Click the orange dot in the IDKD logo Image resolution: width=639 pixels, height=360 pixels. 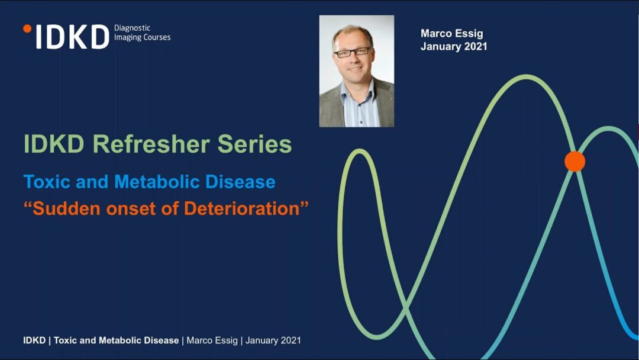[x=27, y=28]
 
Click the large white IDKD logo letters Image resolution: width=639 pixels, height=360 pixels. [x=73, y=37]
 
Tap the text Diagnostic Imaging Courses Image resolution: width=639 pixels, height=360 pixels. [x=142, y=33]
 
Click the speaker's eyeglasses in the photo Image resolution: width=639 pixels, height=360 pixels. [x=353, y=52]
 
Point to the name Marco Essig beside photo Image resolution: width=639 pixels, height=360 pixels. [x=451, y=33]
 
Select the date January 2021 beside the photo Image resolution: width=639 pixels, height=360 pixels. [x=454, y=46]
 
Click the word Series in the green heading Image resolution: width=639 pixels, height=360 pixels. [x=254, y=144]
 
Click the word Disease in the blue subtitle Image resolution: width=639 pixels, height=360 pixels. [x=240, y=182]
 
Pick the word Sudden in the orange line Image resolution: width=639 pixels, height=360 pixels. [x=66, y=209]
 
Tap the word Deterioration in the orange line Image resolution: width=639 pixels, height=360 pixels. [x=241, y=209]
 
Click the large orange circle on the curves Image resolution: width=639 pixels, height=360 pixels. [x=575, y=161]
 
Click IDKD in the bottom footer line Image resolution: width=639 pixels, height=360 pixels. [x=34, y=340]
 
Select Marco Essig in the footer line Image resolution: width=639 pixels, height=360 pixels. [x=212, y=340]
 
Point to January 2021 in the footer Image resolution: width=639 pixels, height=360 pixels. [x=273, y=340]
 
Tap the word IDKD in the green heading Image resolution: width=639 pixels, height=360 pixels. [x=54, y=144]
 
